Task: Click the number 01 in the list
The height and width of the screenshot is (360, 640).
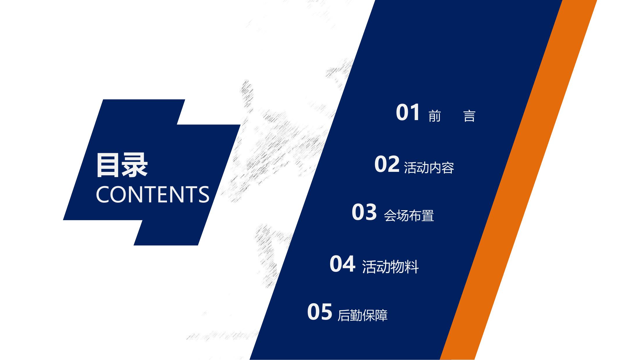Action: click(x=408, y=113)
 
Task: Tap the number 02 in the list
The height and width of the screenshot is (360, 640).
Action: click(x=387, y=164)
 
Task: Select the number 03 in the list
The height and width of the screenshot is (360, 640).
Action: click(x=364, y=212)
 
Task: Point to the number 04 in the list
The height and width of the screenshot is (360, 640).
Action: click(x=342, y=264)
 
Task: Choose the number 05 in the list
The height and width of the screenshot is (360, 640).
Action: click(x=320, y=312)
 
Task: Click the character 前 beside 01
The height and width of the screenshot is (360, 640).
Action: click(x=435, y=116)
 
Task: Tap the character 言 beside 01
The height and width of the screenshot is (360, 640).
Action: click(x=469, y=116)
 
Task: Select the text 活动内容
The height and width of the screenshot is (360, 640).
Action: click(x=429, y=168)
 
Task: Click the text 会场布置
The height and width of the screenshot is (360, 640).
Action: click(x=409, y=215)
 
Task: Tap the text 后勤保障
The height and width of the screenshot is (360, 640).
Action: click(x=362, y=315)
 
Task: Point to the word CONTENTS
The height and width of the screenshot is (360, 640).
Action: click(x=152, y=195)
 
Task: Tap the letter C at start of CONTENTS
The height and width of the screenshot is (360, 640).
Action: click(x=103, y=195)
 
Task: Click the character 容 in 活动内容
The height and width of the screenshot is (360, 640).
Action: click(x=448, y=168)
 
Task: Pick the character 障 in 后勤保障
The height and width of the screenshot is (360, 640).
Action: click(x=381, y=315)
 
